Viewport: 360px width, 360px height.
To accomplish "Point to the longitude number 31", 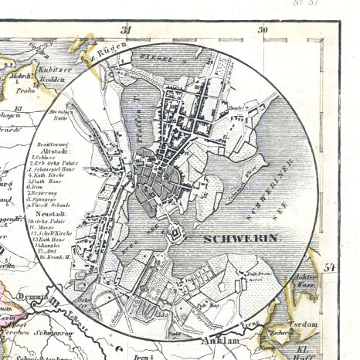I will (127, 30).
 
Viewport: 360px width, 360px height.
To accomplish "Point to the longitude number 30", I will (263, 30).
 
